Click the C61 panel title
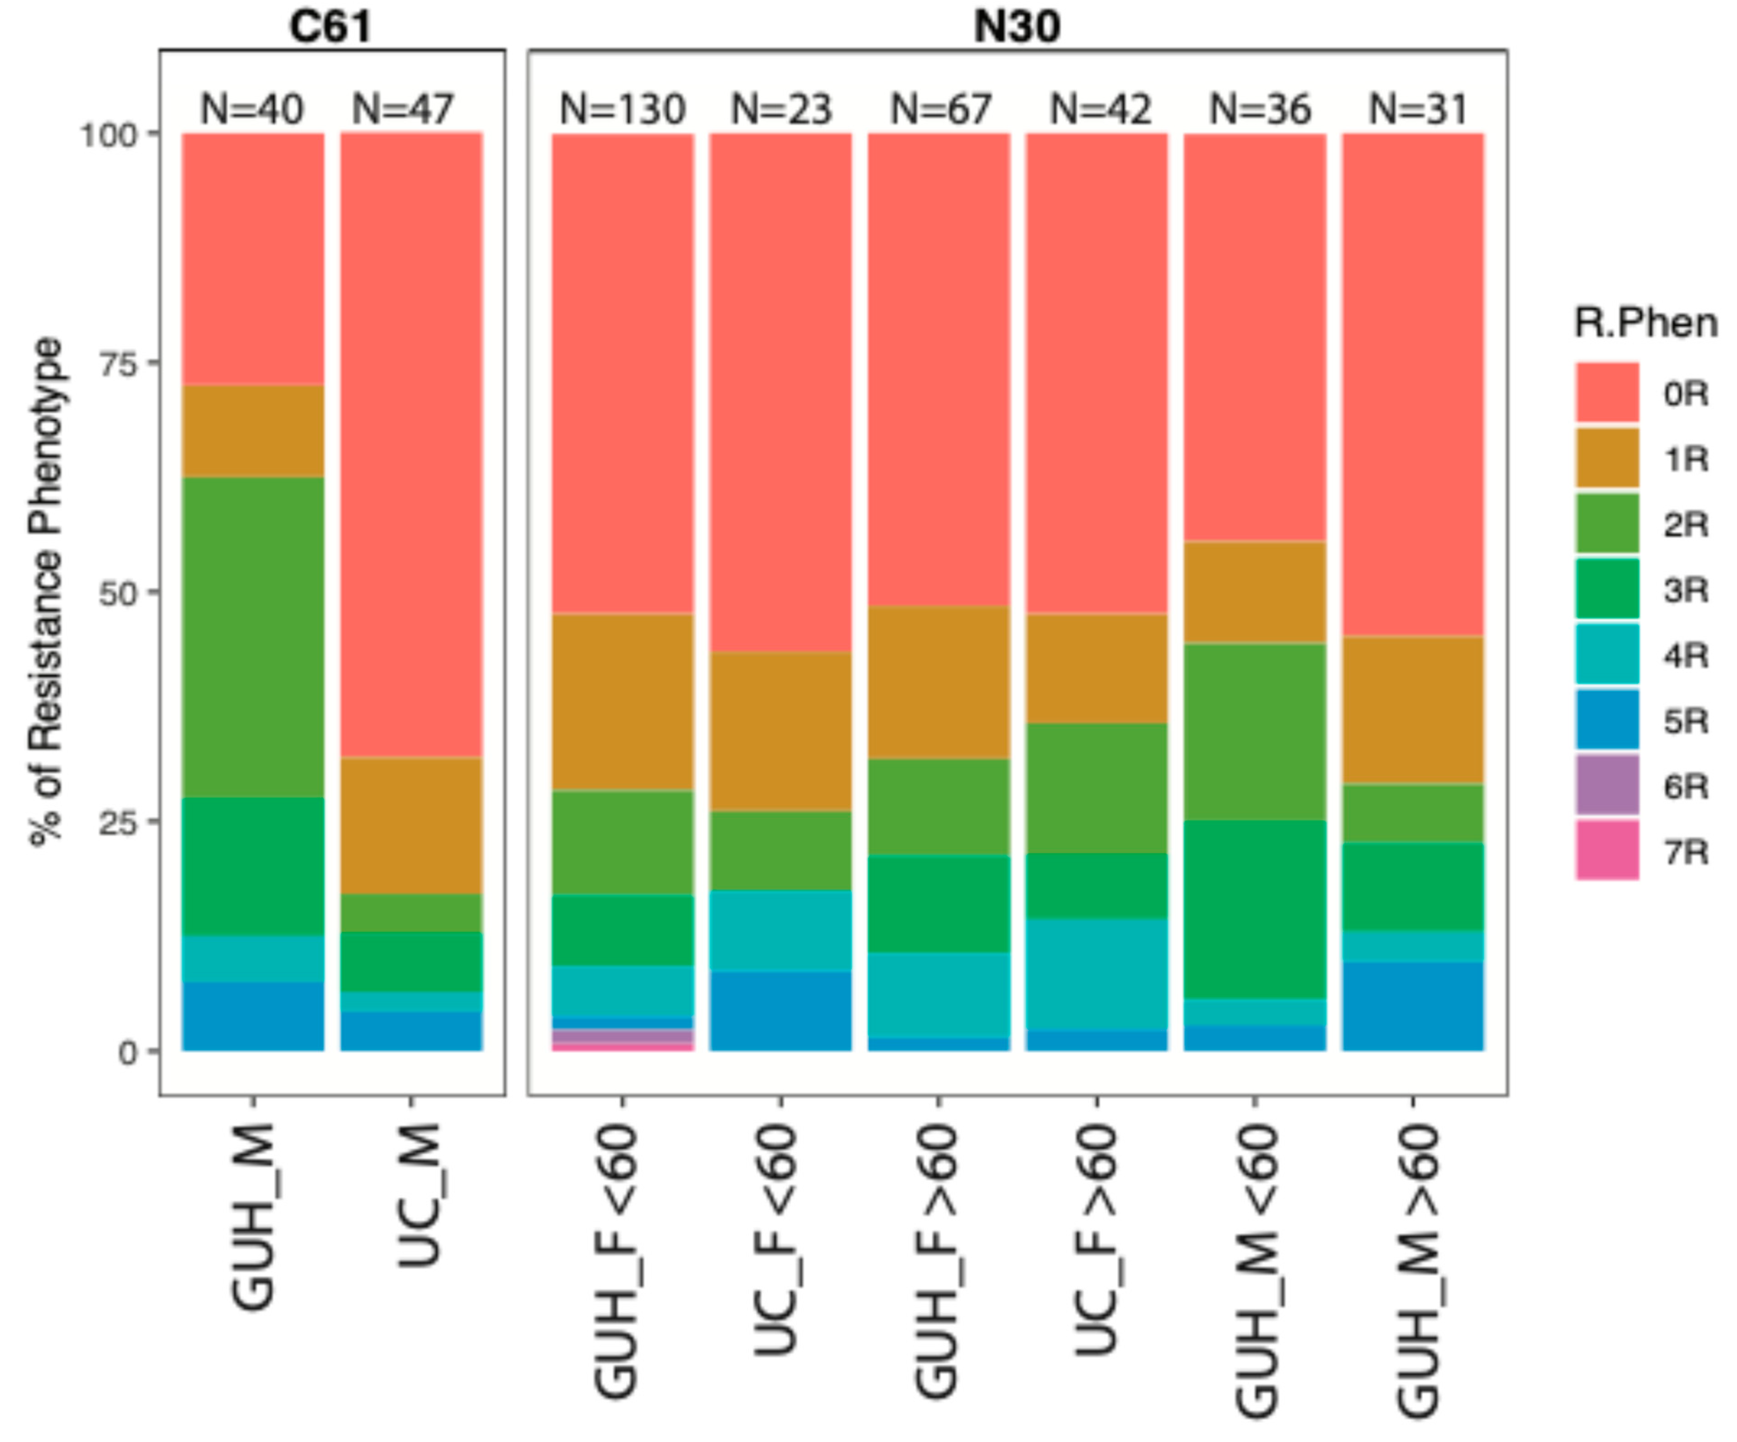coord(331,26)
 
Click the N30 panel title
coord(1017,26)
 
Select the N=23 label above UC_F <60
coord(781,109)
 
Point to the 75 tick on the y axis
coord(116,363)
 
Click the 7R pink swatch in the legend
coord(1606,850)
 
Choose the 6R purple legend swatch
coord(1606,785)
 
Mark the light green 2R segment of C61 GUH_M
coord(253,636)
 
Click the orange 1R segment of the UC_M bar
coord(411,825)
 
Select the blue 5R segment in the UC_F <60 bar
coord(781,1011)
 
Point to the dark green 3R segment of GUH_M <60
coord(1255,910)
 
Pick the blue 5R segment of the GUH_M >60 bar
coord(1413,1006)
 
